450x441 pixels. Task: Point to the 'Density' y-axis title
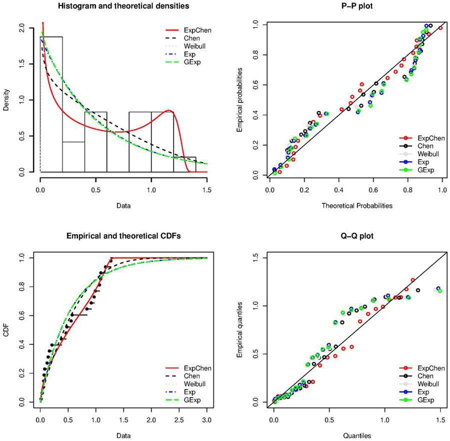point(6,100)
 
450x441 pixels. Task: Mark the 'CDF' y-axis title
point(6,329)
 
